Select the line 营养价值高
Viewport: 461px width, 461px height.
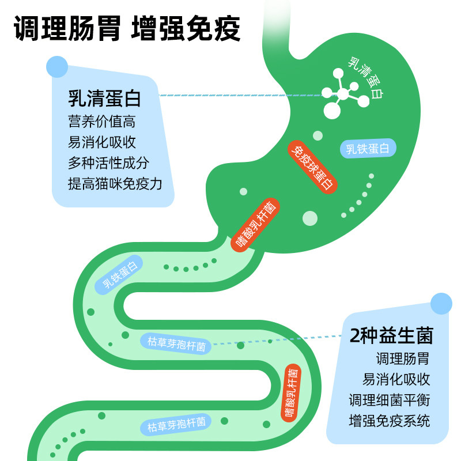[x=101, y=122]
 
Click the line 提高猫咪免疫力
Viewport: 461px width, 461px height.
[x=115, y=184]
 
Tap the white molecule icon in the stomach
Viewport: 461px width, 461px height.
[x=343, y=94]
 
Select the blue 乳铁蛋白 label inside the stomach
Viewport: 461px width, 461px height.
[x=368, y=149]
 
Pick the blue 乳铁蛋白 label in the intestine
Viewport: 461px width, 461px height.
[x=120, y=276]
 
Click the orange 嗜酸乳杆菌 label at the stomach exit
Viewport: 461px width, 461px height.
[x=255, y=225]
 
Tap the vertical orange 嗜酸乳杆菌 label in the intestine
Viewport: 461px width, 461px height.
[x=292, y=392]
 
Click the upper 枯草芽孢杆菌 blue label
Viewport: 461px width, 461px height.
[x=176, y=344]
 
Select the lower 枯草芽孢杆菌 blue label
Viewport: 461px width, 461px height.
[x=176, y=426]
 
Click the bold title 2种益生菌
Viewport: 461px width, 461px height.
[x=391, y=335]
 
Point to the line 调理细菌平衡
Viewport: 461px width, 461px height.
[x=389, y=400]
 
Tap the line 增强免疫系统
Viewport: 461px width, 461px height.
[x=389, y=421]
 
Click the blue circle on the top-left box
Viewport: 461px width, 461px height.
[x=57, y=66]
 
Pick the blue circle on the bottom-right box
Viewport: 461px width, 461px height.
[x=441, y=304]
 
